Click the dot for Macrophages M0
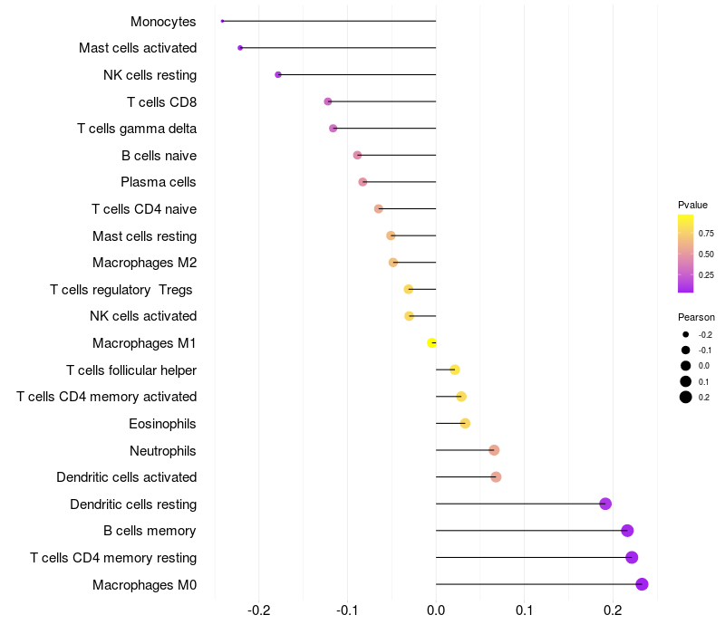[x=642, y=584]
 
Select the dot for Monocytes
[x=222, y=21]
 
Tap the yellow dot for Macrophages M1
[x=432, y=342]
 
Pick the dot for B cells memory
[x=627, y=531]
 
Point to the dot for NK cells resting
[x=278, y=74]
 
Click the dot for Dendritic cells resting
[x=605, y=504]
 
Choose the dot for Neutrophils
[x=494, y=450]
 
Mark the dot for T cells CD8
[x=328, y=101]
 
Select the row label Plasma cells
[x=159, y=182]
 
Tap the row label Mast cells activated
[x=138, y=48]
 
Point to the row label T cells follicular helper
[x=131, y=370]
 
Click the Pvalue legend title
[x=693, y=205]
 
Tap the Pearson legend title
[x=696, y=317]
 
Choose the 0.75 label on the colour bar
[x=707, y=233]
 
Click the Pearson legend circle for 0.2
[x=686, y=397]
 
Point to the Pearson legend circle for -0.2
[x=686, y=334]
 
